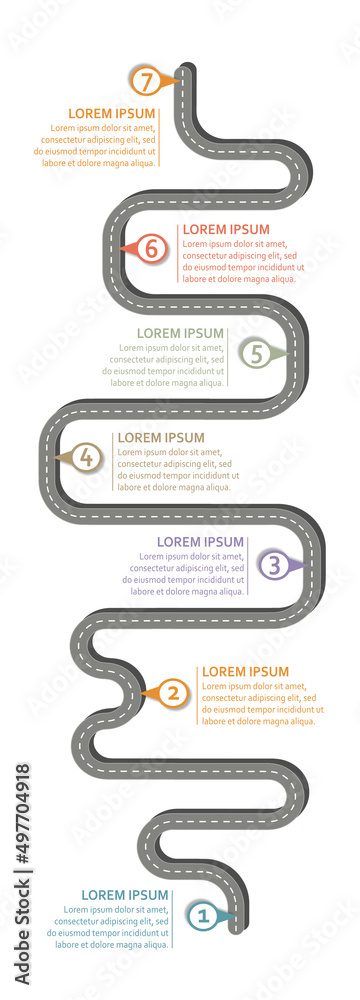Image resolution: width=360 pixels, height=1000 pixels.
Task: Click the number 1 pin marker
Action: pyautogui.click(x=202, y=914)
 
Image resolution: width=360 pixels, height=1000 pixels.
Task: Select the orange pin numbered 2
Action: pyautogui.click(x=173, y=692)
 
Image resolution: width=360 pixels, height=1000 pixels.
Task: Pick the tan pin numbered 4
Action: pyautogui.click(x=86, y=458)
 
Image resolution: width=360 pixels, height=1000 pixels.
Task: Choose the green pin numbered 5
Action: pyautogui.click(x=256, y=353)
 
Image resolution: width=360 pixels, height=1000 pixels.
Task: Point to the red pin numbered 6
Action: pyautogui.click(x=150, y=248)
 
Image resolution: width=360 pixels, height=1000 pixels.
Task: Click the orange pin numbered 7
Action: pyautogui.click(x=146, y=81)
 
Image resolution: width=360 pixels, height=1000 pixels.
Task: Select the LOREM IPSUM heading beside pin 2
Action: pyautogui.click(x=245, y=672)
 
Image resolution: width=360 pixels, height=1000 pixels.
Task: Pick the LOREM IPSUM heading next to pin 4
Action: pyautogui.click(x=160, y=438)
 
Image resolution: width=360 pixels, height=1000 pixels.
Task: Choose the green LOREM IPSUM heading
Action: pyautogui.click(x=180, y=333)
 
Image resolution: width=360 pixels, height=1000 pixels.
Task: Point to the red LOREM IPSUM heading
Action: pyautogui.click(x=226, y=229)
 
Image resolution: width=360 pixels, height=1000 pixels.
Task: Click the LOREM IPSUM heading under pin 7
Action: pyautogui.click(x=112, y=114)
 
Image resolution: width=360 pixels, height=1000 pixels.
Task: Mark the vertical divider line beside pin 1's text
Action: pyautogui.click(x=172, y=917)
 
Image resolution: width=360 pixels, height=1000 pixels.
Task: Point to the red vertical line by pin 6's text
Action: pyautogui.click(x=178, y=255)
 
